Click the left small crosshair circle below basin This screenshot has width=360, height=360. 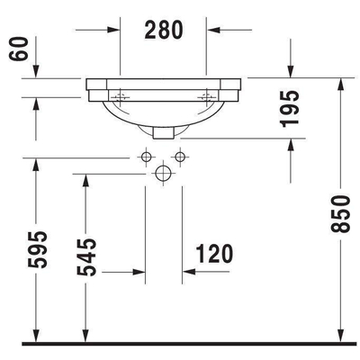click(x=145, y=157)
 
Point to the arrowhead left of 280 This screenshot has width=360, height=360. click(x=112, y=30)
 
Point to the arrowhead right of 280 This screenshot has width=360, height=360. click(x=214, y=30)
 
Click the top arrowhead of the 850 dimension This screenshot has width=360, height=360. click(x=341, y=84)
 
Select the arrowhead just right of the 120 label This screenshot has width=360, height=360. click(x=188, y=269)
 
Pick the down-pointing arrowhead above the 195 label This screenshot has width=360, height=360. click(x=290, y=72)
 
